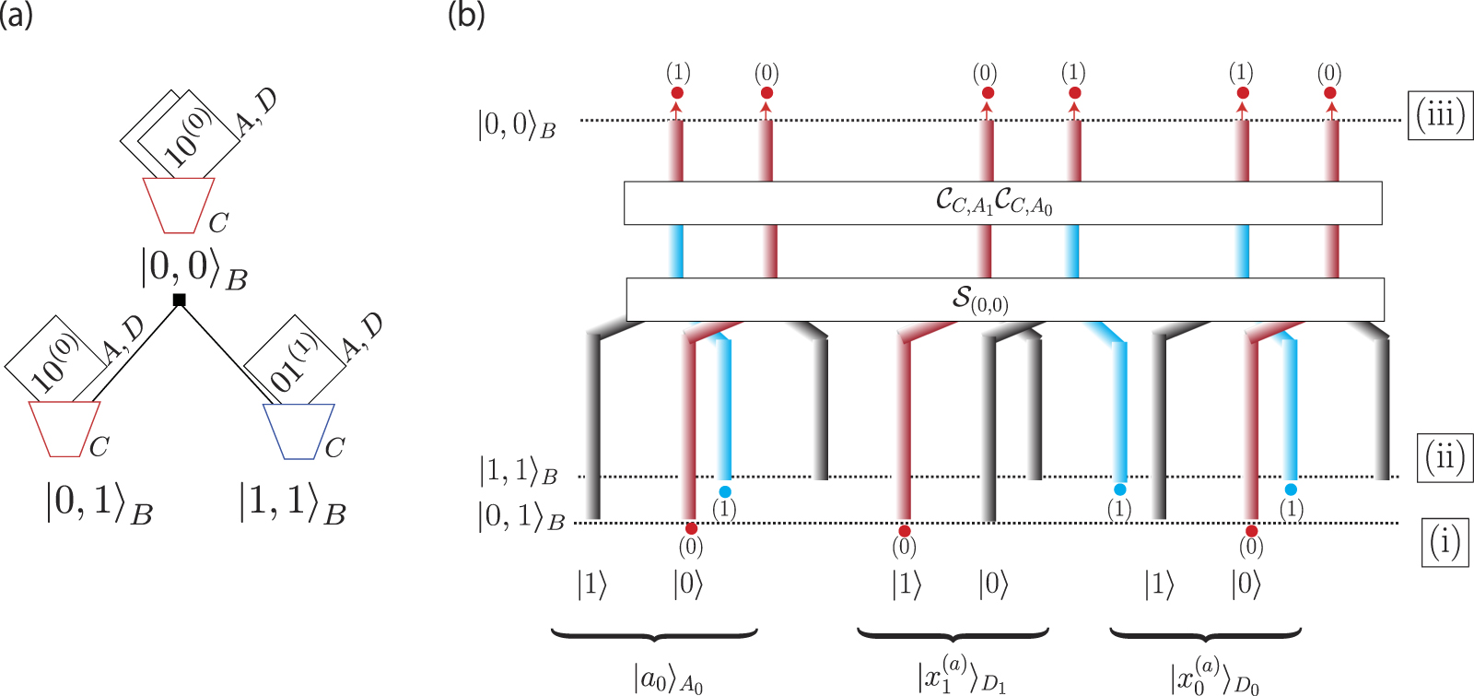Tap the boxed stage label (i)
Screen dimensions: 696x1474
1444,542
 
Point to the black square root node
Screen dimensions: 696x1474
180,300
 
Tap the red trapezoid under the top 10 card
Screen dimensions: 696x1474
179,205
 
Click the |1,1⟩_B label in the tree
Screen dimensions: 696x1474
292,503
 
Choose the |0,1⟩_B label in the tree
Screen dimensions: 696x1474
99,503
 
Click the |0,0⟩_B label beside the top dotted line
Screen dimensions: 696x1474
516,124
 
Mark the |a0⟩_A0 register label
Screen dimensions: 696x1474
669,679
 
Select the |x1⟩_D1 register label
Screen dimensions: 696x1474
961,677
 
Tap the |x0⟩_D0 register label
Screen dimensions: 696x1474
1214,677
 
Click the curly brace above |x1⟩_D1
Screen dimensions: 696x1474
953,634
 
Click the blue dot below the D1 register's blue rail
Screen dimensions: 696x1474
1120,490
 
